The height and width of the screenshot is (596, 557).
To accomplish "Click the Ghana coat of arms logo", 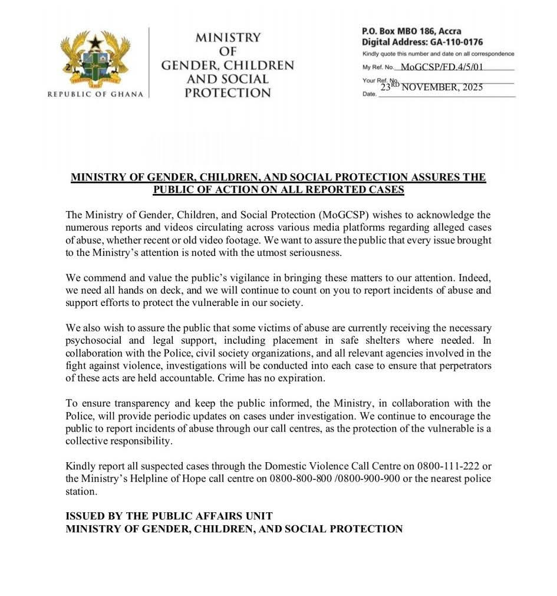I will [95, 60].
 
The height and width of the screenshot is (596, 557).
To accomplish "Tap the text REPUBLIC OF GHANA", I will [95, 94].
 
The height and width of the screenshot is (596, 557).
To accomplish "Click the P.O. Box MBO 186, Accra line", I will [411, 31].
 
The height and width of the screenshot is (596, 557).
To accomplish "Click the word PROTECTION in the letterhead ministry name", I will [228, 93].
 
